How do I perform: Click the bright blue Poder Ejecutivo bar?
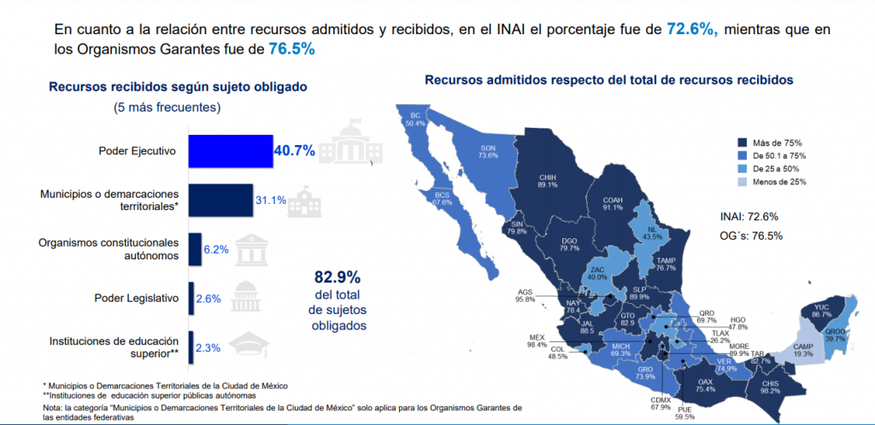(230, 151)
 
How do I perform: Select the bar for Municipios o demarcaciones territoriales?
(220, 200)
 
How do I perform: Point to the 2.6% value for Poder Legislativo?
(208, 299)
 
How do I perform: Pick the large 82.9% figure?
(338, 277)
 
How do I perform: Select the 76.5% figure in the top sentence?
(291, 49)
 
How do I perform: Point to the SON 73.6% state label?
(488, 151)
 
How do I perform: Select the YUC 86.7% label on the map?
(821, 311)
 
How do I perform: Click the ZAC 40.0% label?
(599, 273)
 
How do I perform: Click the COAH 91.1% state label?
(613, 201)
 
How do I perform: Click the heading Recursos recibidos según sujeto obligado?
(178, 86)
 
